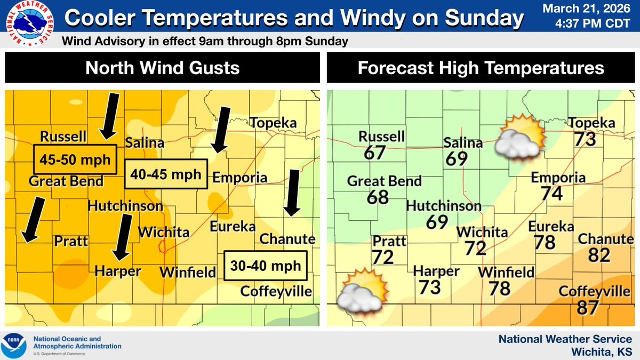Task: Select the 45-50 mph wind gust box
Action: [x=75, y=159]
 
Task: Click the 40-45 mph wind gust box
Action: [x=165, y=174]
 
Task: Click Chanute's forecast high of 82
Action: [x=599, y=255]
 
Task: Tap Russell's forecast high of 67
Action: [x=374, y=153]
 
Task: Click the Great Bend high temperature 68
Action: [x=378, y=197]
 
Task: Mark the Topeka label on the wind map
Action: [x=274, y=123]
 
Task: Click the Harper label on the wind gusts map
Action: [x=118, y=271]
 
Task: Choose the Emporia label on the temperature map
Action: [x=558, y=178]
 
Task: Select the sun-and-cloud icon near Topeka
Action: [x=518, y=137]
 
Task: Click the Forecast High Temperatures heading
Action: [x=481, y=68]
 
